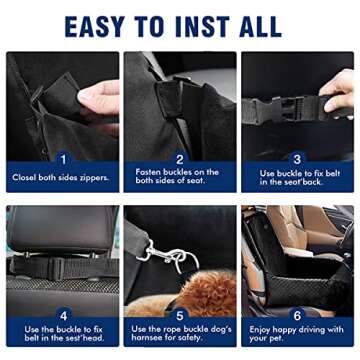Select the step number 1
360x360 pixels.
click(x=62, y=158)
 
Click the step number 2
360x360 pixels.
click(x=179, y=158)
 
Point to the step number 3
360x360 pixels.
click(x=297, y=158)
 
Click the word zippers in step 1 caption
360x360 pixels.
click(x=92, y=177)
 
